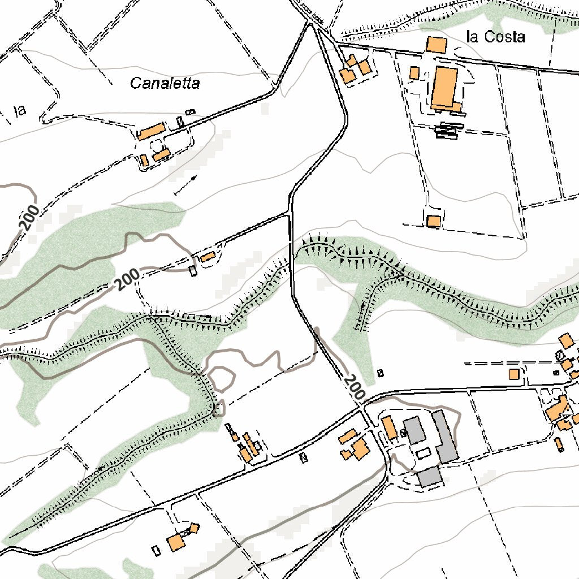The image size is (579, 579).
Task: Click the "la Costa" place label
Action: pyautogui.click(x=495, y=37)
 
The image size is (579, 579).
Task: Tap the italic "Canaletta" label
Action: pyautogui.click(x=165, y=84)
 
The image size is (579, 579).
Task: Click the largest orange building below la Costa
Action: pyautogui.click(x=444, y=89)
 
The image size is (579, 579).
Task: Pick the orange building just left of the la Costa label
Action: pyautogui.click(x=436, y=45)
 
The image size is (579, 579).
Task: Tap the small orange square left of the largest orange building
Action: pyautogui.click(x=414, y=73)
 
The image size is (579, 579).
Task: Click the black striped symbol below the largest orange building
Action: pyautogui.click(x=450, y=131)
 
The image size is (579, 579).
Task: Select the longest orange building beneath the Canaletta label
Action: pyautogui.click(x=151, y=132)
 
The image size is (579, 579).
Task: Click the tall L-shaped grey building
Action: pyautogui.click(x=445, y=436)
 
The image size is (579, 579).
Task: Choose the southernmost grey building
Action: pyautogui.click(x=430, y=477)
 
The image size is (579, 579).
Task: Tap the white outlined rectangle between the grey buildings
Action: pyautogui.click(x=423, y=453)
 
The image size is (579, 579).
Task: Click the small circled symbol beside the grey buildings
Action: pyautogui.click(x=403, y=433)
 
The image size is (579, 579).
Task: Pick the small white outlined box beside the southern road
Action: pyautogui.click(x=303, y=457)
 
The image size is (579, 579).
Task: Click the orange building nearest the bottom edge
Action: pyautogui.click(x=176, y=543)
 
